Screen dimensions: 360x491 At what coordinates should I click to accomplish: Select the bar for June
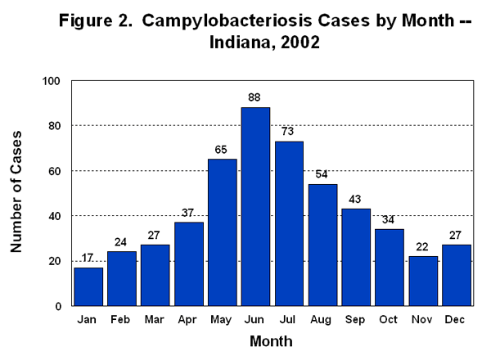tap(255, 206)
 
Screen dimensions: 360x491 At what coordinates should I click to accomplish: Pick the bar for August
tap(322, 245)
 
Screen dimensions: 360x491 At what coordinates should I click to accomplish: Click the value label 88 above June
tap(255, 98)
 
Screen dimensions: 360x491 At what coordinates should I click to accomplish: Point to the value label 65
tap(222, 150)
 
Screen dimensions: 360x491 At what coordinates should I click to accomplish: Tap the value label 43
tap(356, 200)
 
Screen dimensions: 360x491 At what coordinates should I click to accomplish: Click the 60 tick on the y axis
tap(55, 171)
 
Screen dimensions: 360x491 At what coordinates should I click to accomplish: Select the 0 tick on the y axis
tap(58, 306)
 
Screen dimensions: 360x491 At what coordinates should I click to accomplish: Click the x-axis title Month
tap(270, 340)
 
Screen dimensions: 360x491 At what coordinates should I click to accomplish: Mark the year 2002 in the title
tap(291, 43)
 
